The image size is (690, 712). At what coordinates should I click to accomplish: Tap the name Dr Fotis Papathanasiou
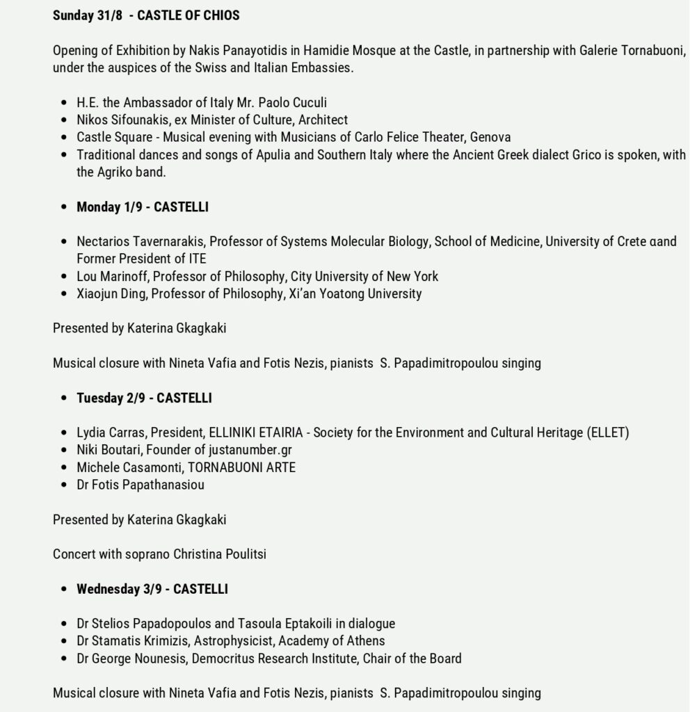[141, 485]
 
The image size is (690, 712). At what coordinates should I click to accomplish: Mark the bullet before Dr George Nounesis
[65, 658]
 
